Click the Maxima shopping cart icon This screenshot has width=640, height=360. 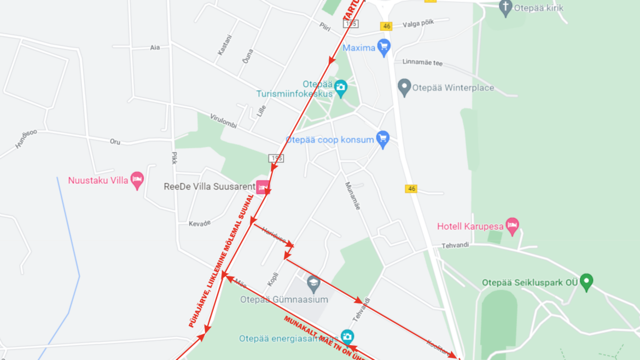384,48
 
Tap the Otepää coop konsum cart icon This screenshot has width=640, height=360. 383,139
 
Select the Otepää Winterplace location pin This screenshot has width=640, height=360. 404,87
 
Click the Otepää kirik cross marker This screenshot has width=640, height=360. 506,8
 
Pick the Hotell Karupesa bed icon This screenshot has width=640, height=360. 512,225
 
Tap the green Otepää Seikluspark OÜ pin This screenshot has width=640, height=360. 586,282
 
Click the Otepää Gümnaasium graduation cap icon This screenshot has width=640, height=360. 313,283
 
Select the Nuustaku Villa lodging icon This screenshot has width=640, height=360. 137,179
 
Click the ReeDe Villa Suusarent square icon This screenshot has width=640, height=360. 263,187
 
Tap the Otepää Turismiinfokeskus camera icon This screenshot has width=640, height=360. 341,88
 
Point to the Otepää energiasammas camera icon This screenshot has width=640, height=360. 347,336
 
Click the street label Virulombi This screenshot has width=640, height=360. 223,121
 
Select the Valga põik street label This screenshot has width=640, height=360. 418,24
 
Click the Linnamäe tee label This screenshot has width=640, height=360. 422,62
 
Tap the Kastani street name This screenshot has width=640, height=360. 225,45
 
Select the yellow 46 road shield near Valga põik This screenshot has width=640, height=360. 387,26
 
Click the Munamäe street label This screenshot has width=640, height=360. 353,196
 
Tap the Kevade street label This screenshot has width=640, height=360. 200,223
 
